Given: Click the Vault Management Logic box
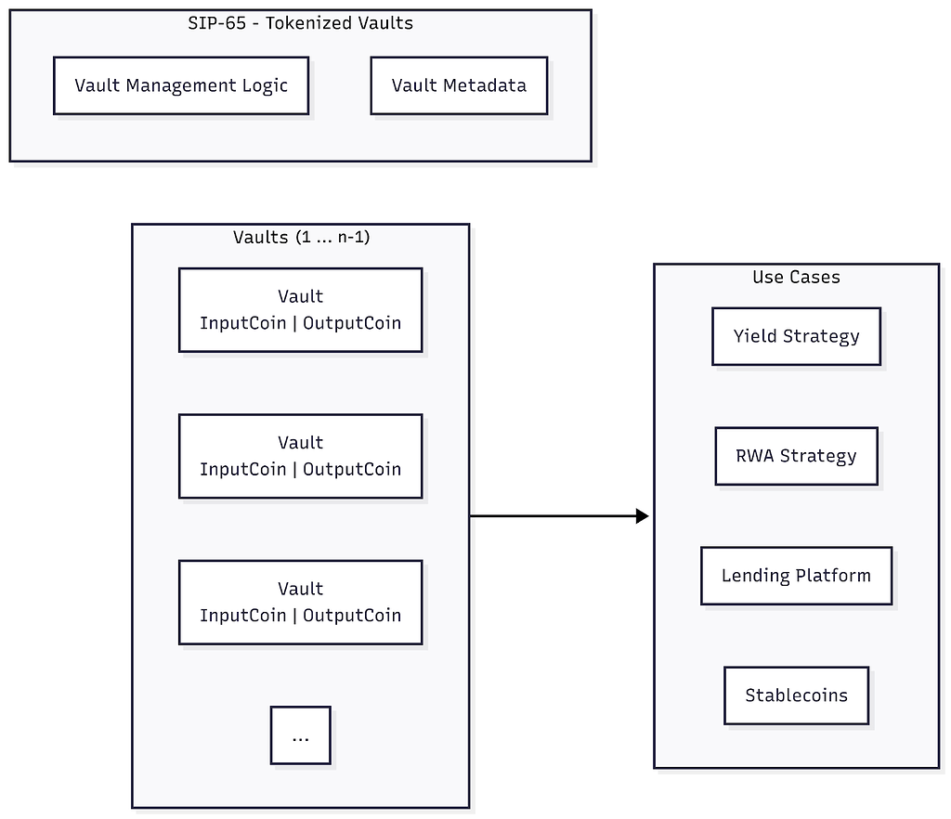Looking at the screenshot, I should point(181,86).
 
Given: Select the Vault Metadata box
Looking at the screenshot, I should point(459,86).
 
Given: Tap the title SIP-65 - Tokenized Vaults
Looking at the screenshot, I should point(300,23).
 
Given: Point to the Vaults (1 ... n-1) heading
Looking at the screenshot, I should point(300,237).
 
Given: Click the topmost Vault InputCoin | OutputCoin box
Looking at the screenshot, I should point(300,310).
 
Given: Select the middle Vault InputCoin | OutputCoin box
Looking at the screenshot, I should point(300,456).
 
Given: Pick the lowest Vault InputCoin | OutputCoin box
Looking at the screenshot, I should point(300,602).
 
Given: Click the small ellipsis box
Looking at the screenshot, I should point(300,735).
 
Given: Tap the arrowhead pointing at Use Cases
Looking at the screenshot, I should point(642,516).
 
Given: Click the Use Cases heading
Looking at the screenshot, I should point(796,277).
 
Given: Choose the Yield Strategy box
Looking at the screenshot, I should point(796,336).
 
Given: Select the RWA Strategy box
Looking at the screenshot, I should point(796,456).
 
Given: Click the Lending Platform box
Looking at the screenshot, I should point(796,576).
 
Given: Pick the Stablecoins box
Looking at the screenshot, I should point(796,695).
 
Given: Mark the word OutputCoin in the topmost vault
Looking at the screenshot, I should point(352,323).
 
